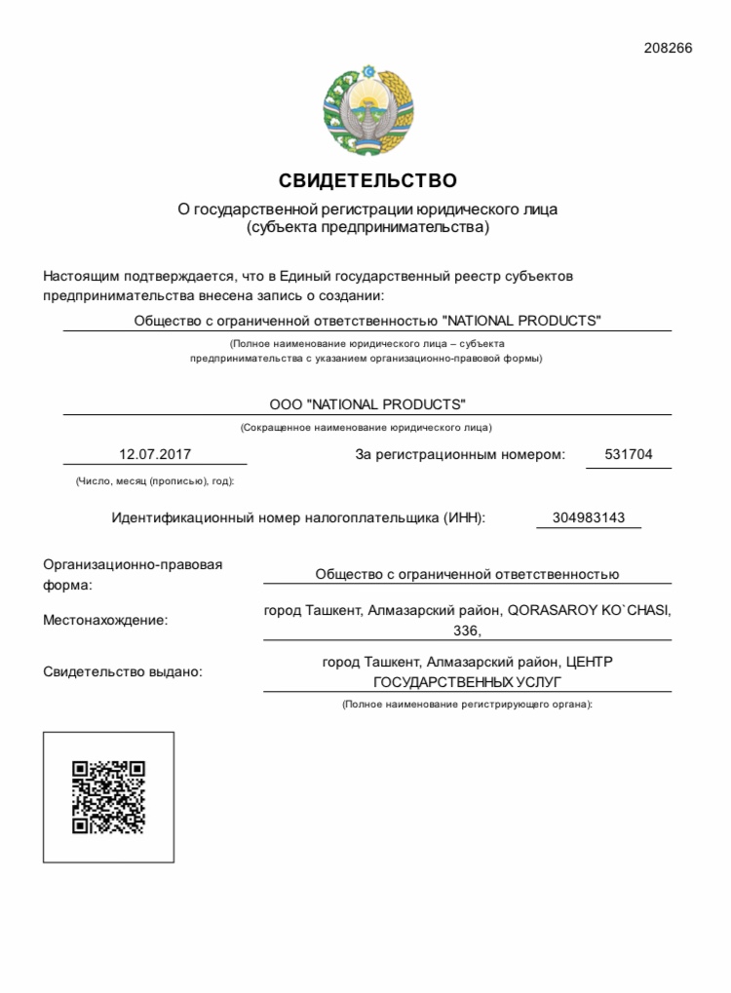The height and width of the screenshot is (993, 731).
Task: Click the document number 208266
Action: pos(668,48)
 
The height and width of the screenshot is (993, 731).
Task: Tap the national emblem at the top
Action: pos(368,110)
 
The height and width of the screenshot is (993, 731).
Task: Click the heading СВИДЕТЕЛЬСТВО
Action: pos(367,180)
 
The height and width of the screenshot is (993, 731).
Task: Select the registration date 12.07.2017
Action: pos(155,454)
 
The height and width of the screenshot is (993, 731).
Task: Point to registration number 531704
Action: pos(629,454)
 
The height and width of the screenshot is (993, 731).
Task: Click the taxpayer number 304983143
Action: pos(589,517)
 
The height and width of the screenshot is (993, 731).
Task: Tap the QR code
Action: pos(109,797)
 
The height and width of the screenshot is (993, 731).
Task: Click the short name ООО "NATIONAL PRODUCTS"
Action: pos(367,403)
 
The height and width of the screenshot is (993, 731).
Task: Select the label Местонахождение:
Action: pos(105,620)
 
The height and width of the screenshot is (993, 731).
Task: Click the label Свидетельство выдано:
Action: pos(123,671)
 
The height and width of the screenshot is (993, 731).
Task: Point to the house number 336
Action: pos(468,630)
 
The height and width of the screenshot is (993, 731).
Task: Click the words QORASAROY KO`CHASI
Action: pos(589,611)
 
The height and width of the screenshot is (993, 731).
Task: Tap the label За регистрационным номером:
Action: pos(459,454)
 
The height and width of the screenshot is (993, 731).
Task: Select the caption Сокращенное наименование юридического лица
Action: pos(366,427)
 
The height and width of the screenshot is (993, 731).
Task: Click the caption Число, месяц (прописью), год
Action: pos(154,480)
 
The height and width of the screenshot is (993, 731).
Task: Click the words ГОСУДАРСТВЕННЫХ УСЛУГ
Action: pos(468,681)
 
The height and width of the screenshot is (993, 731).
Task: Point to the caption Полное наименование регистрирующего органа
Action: pos(467,704)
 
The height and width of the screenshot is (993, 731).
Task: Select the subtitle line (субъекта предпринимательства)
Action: pos(367,228)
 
